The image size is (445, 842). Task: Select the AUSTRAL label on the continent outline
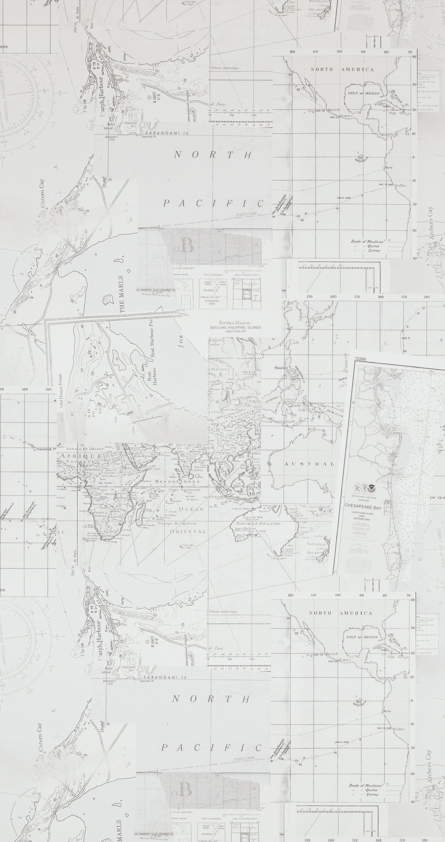pyautogui.click(x=310, y=464)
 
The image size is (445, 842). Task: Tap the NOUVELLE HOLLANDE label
pyautogui.click(x=258, y=523)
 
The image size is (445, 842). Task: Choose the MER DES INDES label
pyautogui.click(x=176, y=481)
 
